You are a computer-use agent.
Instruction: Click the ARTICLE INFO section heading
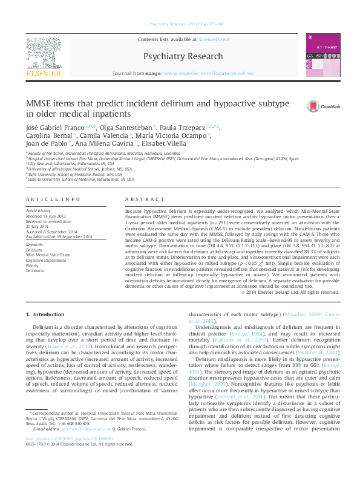pos(53,198)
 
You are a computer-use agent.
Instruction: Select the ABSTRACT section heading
pos(141,198)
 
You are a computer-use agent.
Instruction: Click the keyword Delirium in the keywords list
pos(34,249)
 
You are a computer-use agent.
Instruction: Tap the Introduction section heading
pos(46,315)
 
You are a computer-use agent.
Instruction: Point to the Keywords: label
pos(35,244)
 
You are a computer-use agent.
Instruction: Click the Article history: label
pos(40,210)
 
